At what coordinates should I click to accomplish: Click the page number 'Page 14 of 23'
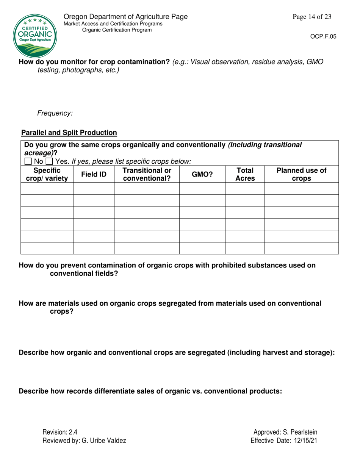tap(312, 17)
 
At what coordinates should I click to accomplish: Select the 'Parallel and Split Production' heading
tap(69, 133)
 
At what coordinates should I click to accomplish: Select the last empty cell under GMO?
tap(202, 248)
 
